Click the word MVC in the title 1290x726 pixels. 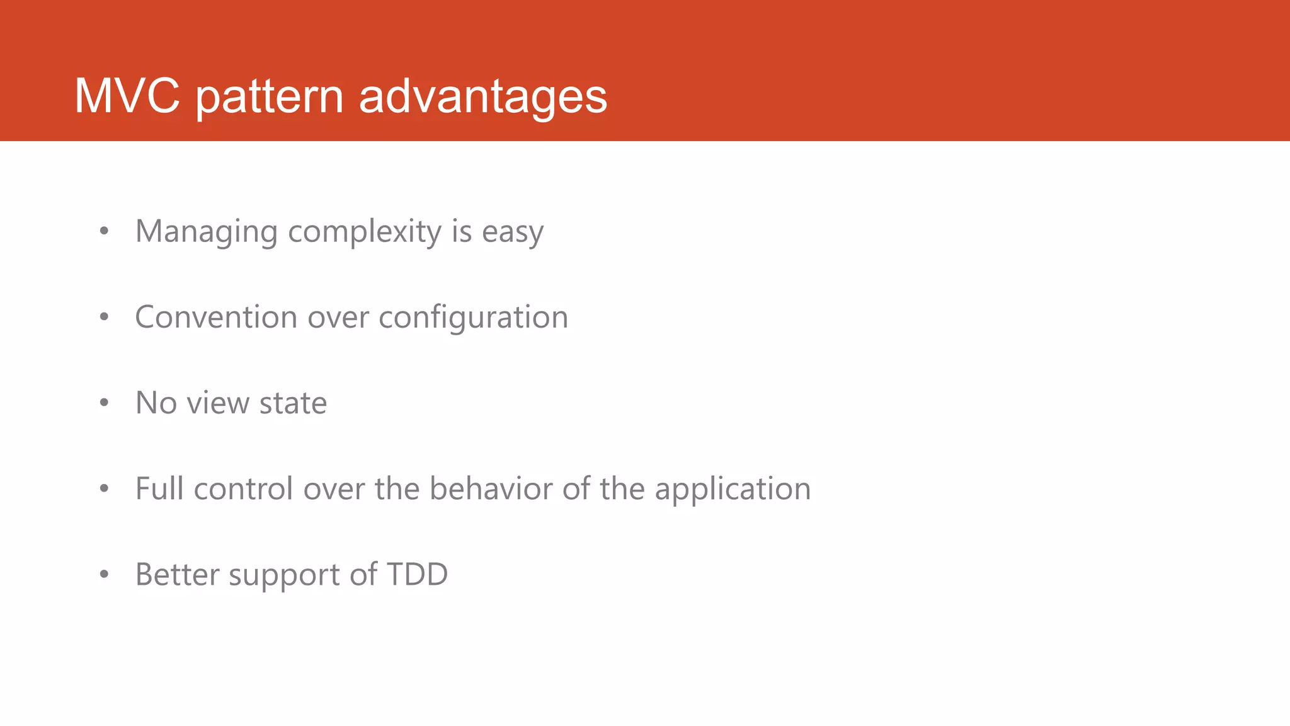coord(127,96)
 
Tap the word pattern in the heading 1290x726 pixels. coord(270,97)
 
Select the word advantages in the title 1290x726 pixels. coord(482,97)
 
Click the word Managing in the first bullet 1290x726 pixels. coord(206,232)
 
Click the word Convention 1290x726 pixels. coord(216,317)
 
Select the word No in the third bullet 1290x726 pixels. coord(156,403)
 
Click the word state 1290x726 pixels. coord(293,403)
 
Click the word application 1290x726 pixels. coord(733,490)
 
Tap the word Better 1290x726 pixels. coord(177,574)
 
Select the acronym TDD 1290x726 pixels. coord(417,574)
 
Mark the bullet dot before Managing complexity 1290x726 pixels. coord(105,231)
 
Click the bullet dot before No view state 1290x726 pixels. coord(105,403)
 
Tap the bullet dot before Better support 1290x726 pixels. coord(105,574)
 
